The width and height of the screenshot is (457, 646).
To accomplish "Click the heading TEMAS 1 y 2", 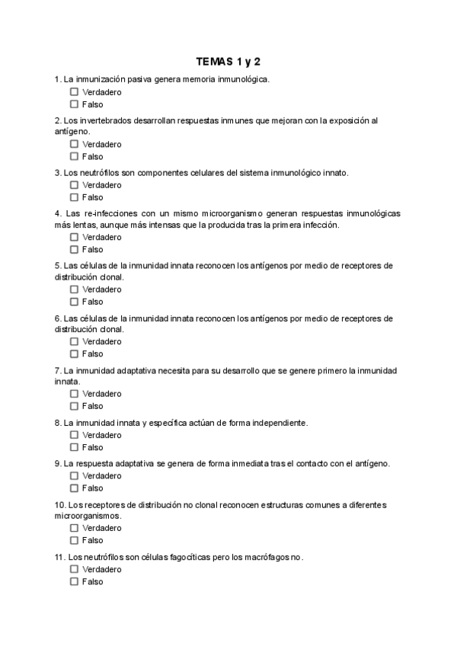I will point(228,61).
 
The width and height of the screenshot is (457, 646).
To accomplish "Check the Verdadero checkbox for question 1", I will point(74,92).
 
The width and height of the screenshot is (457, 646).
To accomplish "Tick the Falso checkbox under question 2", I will point(74,156).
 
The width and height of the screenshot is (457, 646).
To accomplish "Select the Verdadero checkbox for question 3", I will point(74,185).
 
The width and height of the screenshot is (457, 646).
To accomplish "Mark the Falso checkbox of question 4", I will point(74,249).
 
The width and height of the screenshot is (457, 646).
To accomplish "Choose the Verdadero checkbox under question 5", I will point(74,289).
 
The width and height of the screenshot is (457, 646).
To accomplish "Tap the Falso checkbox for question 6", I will point(74,353).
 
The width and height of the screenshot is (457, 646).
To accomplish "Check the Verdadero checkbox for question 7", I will point(74,394).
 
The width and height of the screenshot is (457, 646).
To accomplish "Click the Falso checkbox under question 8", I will point(74,447).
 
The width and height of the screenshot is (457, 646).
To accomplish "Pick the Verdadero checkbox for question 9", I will point(74,476).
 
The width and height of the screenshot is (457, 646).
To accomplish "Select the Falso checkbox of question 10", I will point(74,540).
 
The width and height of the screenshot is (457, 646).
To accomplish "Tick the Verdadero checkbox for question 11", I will point(74,569).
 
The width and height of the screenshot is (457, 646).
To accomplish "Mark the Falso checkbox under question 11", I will point(74,581).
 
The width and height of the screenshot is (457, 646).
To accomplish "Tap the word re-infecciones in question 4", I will point(113,213).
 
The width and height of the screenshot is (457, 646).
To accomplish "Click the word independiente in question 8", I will point(273,423).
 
